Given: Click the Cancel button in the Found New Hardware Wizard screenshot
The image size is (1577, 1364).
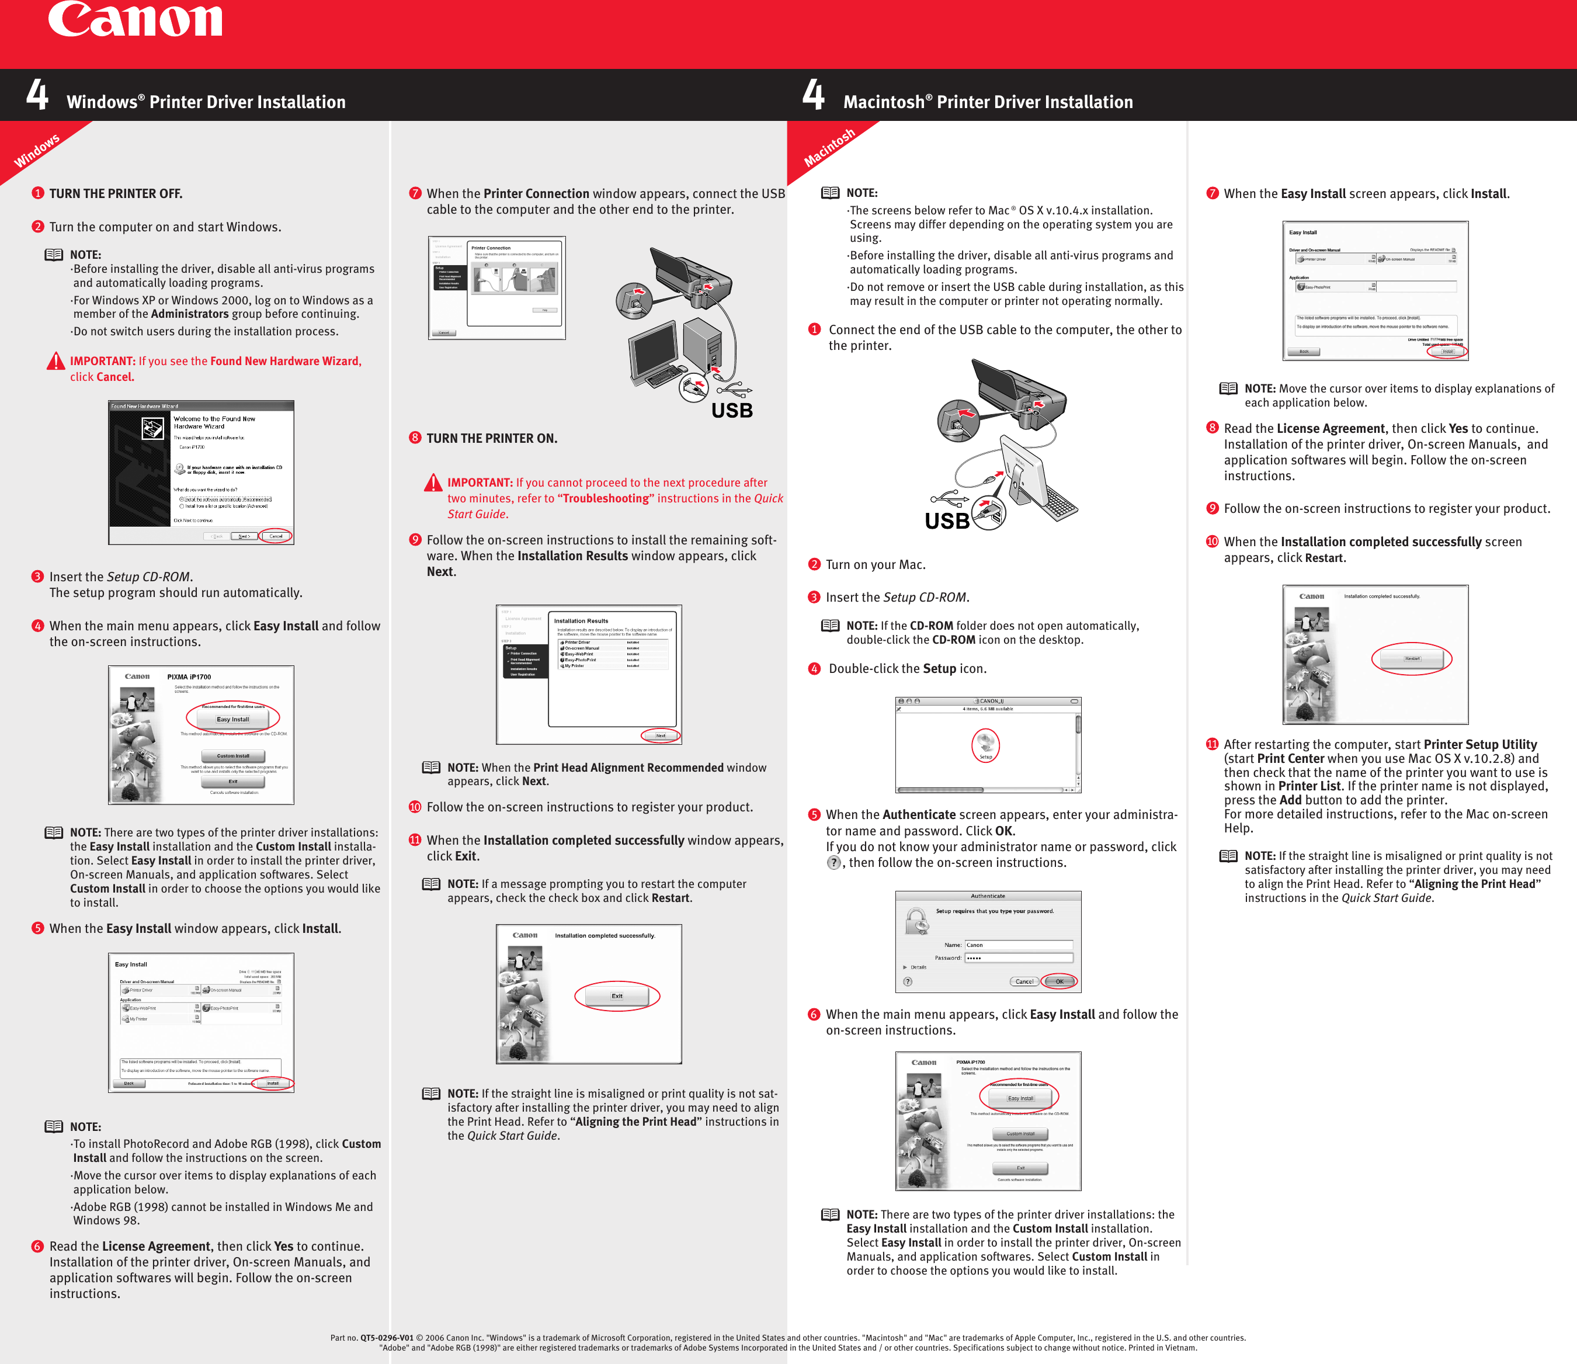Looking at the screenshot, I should pyautogui.click(x=276, y=536).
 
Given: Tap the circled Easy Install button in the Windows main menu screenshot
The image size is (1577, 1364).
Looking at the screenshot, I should pyautogui.click(x=233, y=719).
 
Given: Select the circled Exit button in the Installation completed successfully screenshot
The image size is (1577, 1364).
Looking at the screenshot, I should pyautogui.click(x=617, y=995).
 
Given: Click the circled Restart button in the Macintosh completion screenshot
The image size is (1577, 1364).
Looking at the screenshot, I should pyautogui.click(x=1412, y=658).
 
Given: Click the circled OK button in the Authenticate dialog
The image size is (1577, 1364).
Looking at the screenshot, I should pyautogui.click(x=1060, y=981).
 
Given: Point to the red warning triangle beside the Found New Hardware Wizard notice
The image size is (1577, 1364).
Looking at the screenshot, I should pyautogui.click(x=55, y=362).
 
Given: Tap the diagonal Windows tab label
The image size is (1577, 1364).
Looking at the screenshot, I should pyautogui.click(x=37, y=150).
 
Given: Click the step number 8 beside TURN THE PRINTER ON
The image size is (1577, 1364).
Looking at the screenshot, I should pyautogui.click(x=415, y=438).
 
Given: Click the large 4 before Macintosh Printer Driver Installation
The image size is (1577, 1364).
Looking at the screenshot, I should pyautogui.click(x=813, y=95).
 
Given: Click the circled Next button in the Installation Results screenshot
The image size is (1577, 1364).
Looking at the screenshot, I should pyautogui.click(x=660, y=735).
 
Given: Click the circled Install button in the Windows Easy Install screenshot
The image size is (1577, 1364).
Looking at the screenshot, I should pyautogui.click(x=273, y=1083).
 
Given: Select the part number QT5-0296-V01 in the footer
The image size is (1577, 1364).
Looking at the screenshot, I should pyautogui.click(x=387, y=1337).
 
